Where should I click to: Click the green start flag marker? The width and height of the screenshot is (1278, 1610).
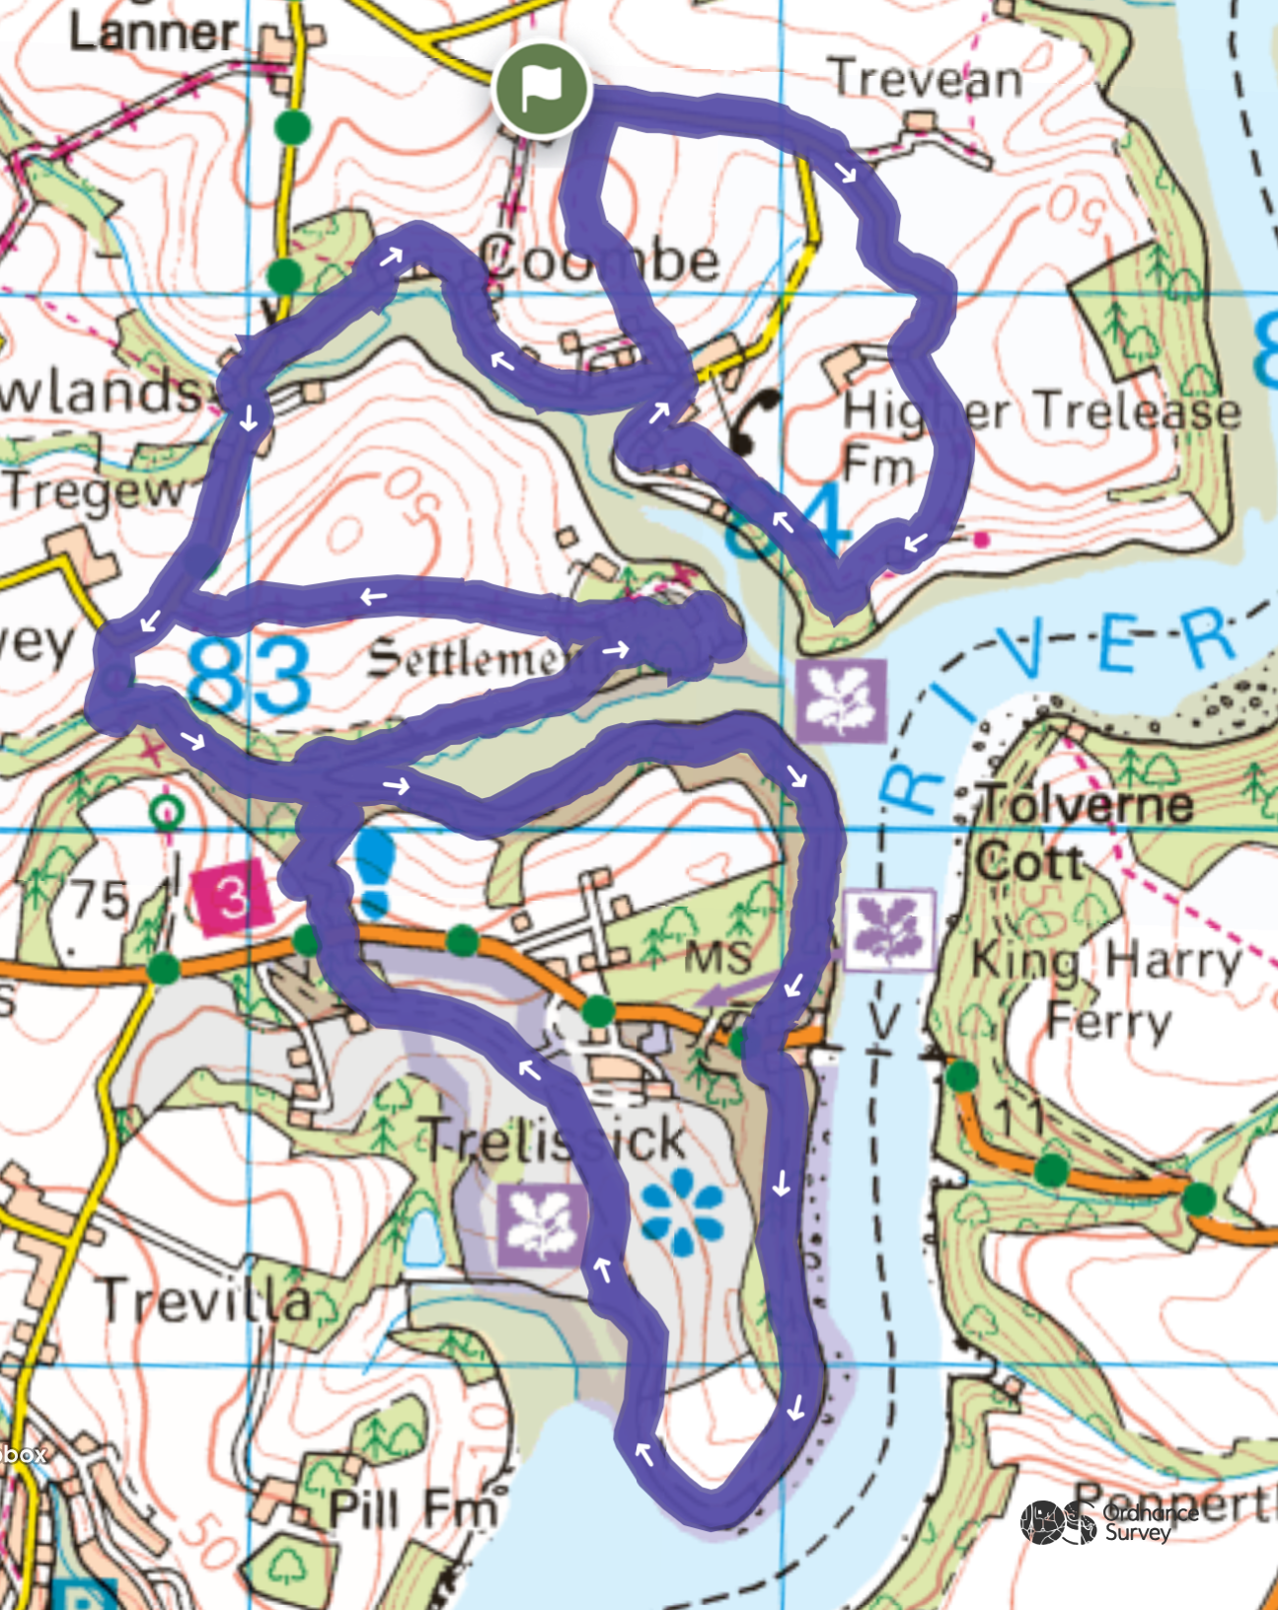point(541,90)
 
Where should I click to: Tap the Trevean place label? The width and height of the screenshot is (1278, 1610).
point(927,79)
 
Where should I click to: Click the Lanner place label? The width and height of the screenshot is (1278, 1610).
point(153,32)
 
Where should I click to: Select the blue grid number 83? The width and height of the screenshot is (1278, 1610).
point(249,676)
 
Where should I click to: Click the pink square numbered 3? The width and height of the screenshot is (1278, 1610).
point(233,898)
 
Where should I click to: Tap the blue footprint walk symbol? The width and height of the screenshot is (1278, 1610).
point(374,872)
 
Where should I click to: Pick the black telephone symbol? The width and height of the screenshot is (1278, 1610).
point(755,420)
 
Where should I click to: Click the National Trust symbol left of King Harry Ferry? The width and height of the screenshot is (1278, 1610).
point(889,929)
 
